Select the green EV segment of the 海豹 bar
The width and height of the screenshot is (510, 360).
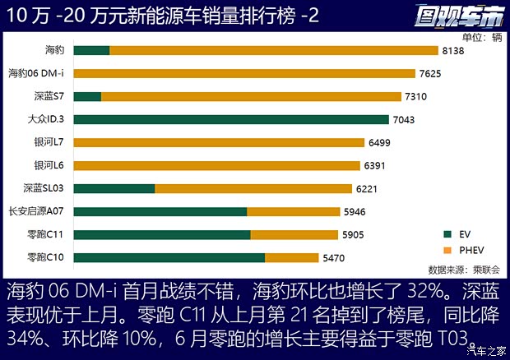[x=96, y=50]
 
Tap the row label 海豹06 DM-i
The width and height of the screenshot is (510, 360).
[x=40, y=73]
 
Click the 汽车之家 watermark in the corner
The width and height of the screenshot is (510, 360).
[x=485, y=350]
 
